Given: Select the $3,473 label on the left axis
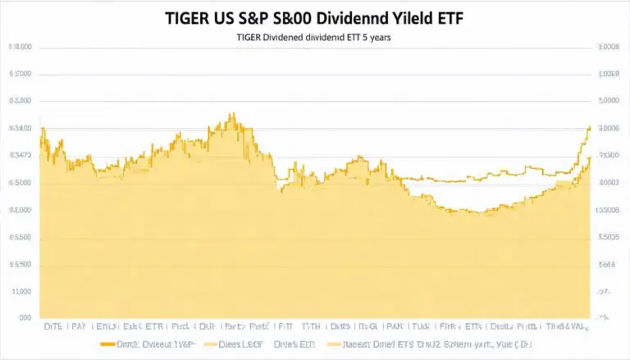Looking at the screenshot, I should click(x=20, y=155).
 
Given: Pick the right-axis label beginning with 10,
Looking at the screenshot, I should click(x=607, y=210).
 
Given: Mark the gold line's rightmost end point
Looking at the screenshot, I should click(x=590, y=127).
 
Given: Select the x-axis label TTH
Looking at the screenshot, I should click(x=311, y=326).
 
